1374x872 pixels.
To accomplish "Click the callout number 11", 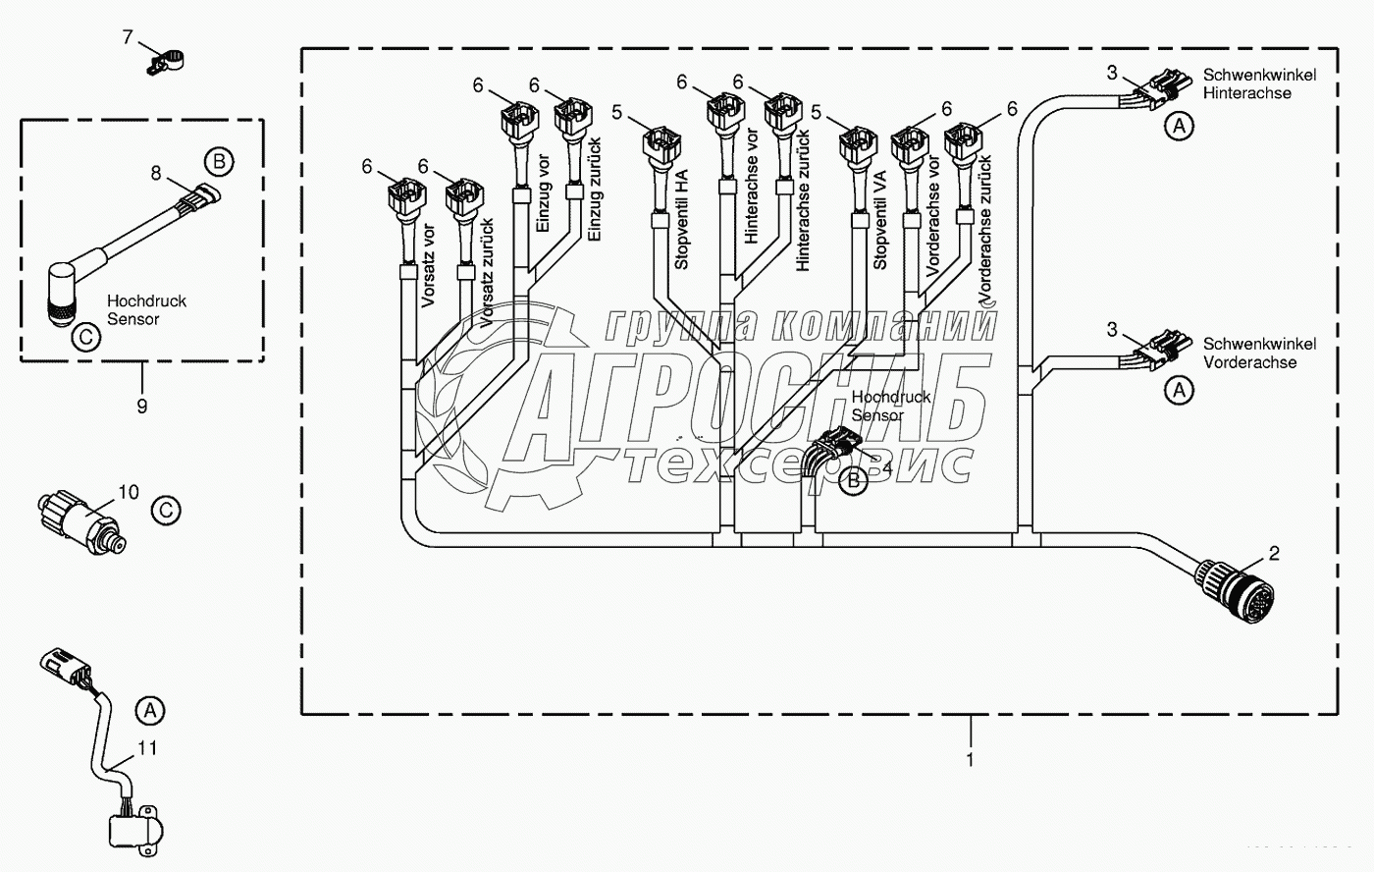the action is pyautogui.click(x=145, y=748).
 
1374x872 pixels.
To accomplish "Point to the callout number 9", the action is pyautogui.click(x=141, y=404).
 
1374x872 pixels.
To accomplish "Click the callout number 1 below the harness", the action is pyautogui.click(x=970, y=760).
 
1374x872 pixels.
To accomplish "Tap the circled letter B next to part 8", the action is pyautogui.click(x=218, y=160).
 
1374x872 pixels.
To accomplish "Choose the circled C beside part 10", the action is pyautogui.click(x=166, y=510).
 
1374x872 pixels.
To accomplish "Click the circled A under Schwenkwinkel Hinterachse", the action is pyautogui.click(x=1179, y=125).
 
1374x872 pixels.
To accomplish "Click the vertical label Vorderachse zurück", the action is pyautogui.click(x=986, y=228).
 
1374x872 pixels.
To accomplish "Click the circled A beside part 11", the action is pyautogui.click(x=148, y=708).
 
